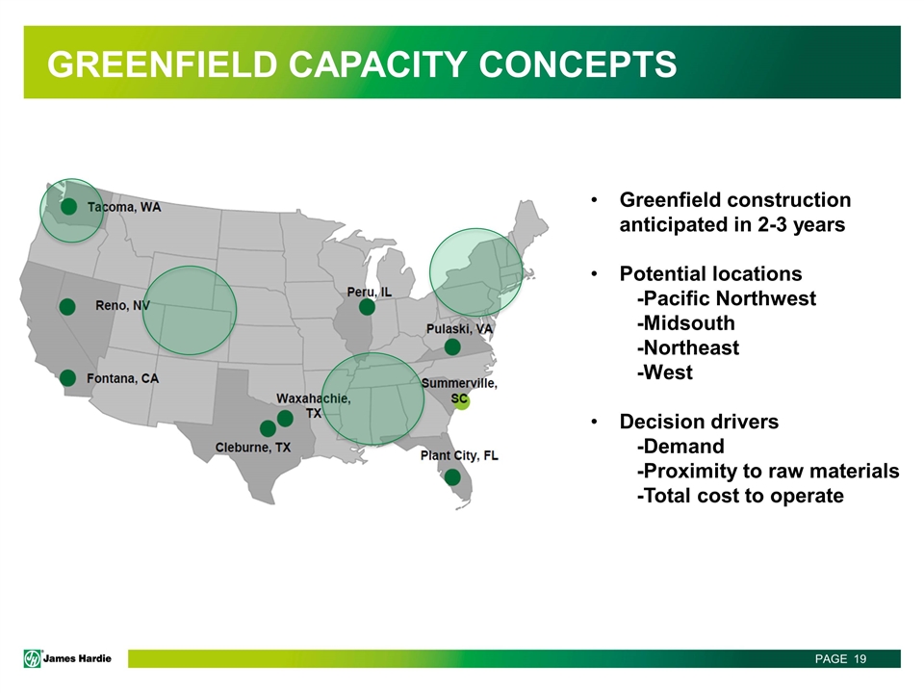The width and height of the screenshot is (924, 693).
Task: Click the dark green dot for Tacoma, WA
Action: coord(69,206)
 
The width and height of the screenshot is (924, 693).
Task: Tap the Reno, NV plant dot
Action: coord(67,306)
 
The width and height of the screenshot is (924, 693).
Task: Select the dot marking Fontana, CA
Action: coord(67,377)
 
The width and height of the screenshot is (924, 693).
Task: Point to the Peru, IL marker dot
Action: coord(367,306)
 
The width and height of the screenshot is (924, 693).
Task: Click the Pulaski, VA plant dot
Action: coord(452,346)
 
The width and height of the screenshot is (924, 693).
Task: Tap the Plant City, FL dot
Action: coord(452,476)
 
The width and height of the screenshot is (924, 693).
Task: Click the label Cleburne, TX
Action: coord(253,448)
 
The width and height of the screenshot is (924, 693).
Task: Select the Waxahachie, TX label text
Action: coord(314,405)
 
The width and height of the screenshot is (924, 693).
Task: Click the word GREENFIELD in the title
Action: coord(162,64)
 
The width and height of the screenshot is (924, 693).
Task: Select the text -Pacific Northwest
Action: coord(727,298)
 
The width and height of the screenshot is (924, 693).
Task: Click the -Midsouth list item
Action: coord(686,323)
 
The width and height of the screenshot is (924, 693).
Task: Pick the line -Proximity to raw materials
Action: coord(768,471)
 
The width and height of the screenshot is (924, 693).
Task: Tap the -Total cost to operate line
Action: coord(740,496)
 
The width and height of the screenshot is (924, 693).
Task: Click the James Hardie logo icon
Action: coord(33,658)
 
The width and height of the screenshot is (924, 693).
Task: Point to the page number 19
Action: coord(860,658)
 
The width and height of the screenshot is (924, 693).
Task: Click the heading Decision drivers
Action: coord(699,422)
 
